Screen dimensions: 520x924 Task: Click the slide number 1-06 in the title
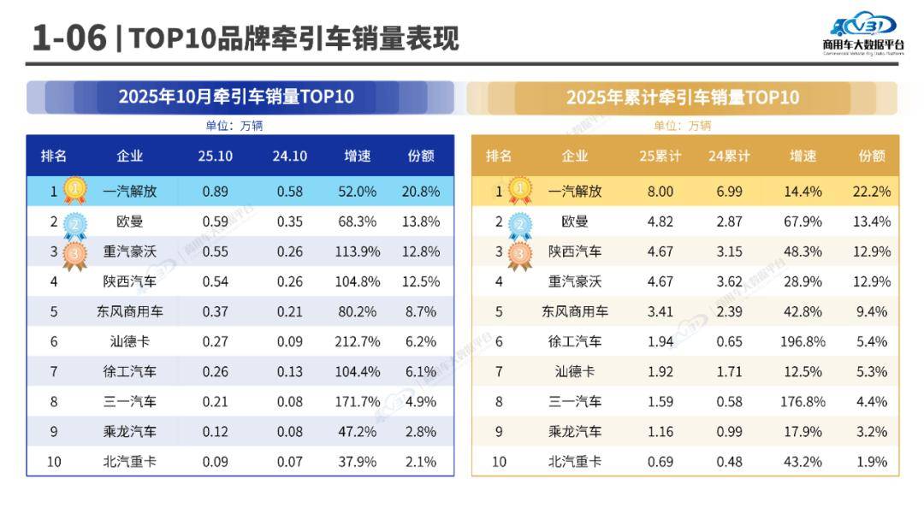point(68,38)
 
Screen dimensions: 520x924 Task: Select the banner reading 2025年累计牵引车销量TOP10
point(682,97)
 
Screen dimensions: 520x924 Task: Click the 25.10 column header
point(215,156)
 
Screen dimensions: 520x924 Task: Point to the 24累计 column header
point(730,156)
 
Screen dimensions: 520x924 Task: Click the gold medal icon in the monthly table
point(75,189)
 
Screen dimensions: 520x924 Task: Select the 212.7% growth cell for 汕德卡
point(358,341)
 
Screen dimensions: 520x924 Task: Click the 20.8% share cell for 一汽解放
point(421,192)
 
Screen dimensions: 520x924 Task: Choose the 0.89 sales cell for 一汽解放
point(215,192)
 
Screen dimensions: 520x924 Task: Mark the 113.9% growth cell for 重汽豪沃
point(358,251)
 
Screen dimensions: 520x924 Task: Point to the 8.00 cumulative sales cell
point(660,192)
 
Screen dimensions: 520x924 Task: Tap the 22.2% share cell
point(872,192)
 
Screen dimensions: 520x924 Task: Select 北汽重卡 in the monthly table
point(129,461)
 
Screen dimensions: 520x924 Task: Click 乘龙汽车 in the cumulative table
point(574,431)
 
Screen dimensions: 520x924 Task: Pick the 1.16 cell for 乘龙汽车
point(660,431)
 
